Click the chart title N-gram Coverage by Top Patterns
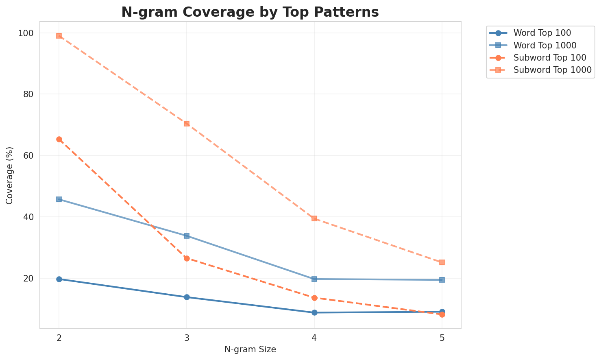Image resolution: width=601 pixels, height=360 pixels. pos(250,12)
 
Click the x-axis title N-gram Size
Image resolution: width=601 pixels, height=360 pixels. pos(250,349)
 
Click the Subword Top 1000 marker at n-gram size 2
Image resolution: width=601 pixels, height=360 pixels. pos(59,36)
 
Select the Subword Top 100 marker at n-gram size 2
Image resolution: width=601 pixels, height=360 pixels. pos(59,140)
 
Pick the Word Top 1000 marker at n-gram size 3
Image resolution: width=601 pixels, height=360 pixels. pos(187,236)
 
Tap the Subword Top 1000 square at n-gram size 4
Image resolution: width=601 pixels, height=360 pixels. pos(314,218)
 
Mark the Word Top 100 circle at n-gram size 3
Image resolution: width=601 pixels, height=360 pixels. pos(187,297)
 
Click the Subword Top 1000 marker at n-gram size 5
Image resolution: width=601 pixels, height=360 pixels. pos(442,262)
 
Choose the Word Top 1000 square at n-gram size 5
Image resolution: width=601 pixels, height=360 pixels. pos(442,280)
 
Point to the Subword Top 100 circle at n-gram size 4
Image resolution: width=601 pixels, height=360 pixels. pos(314,298)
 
